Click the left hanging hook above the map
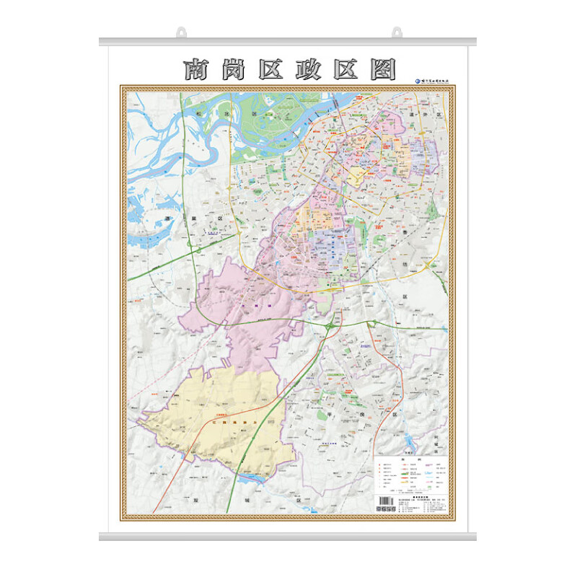pos(181,32)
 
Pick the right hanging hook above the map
pos(396,32)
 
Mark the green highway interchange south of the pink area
pos(330,326)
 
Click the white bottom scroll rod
pos(288,537)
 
